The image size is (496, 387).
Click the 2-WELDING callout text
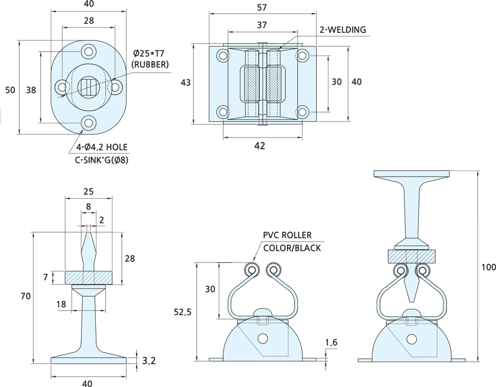[x=343, y=30]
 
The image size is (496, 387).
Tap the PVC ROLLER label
[x=287, y=236]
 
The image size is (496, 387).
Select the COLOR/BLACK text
[x=292, y=248]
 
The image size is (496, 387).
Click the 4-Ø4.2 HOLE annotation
[x=102, y=148]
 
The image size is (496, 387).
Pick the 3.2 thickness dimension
[x=148, y=361]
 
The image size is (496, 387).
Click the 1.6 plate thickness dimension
[x=331, y=343]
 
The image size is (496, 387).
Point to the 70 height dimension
[x=25, y=296]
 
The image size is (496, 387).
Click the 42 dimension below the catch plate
[x=260, y=146]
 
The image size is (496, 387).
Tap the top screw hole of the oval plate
[x=88, y=51]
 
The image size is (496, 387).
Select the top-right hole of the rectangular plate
[x=303, y=56]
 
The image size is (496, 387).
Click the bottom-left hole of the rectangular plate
[x=223, y=112]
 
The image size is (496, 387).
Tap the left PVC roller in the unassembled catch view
[x=252, y=270]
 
